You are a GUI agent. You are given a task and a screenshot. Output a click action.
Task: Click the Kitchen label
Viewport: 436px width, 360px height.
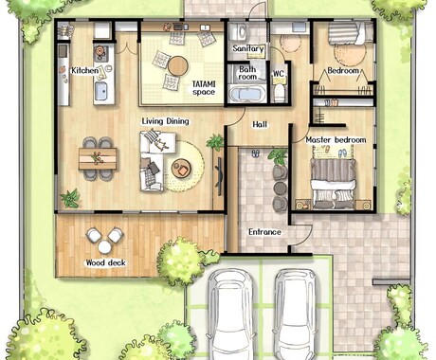(84, 70)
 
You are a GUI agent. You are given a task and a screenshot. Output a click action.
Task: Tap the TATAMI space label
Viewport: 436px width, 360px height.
(204, 88)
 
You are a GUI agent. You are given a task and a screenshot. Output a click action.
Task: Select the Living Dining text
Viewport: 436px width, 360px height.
(165, 121)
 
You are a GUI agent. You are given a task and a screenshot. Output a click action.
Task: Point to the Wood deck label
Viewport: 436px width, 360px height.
(106, 262)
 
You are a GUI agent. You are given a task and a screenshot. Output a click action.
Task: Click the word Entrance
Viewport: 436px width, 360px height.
(264, 232)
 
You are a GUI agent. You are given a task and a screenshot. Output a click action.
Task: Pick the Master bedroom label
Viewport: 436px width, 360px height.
(336, 140)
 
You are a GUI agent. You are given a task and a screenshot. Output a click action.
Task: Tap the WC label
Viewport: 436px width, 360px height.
(279, 74)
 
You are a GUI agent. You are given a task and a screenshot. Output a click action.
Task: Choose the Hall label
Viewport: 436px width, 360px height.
(260, 125)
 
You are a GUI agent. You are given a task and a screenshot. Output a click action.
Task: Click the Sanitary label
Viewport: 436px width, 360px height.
(248, 49)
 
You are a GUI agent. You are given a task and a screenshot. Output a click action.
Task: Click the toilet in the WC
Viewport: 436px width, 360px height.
(280, 92)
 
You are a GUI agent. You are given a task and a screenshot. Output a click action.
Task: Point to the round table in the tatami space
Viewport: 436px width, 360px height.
(178, 66)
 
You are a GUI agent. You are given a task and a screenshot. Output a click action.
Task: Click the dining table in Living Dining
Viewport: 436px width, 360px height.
(98, 159)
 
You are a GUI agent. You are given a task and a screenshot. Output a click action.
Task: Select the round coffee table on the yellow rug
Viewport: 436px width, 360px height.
(181, 168)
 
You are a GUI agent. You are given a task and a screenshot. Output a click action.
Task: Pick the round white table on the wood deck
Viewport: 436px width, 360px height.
(104, 247)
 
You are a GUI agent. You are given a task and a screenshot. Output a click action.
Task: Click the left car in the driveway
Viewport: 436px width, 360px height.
(229, 315)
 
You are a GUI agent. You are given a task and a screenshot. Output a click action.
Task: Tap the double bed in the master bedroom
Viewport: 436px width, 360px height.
(333, 184)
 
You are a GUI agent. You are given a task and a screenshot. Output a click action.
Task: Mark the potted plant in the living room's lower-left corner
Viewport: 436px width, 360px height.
(70, 199)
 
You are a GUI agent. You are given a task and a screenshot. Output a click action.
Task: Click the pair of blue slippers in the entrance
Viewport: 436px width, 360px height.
(256, 153)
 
